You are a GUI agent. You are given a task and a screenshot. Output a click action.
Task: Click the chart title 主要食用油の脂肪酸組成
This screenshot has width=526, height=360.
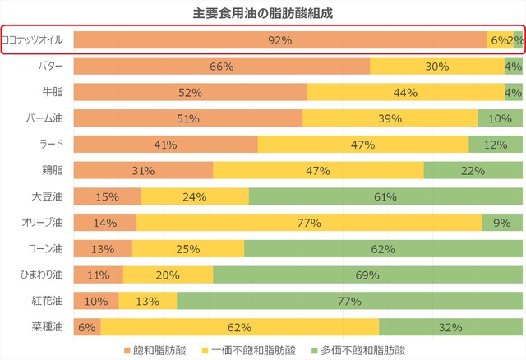263,13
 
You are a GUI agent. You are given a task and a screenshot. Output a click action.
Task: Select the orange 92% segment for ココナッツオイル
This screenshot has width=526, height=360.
279,39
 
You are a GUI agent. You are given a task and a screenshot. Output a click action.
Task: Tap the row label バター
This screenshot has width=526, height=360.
53,66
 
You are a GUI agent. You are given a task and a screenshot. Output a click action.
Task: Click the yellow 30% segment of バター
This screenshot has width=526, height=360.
436,66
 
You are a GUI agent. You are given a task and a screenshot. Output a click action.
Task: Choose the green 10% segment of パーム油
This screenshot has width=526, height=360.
500,118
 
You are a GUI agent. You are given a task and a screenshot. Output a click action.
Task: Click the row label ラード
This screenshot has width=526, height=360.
53,145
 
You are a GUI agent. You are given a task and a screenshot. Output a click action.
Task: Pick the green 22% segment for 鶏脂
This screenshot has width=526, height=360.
473,171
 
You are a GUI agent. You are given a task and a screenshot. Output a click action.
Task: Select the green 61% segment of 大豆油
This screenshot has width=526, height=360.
385,197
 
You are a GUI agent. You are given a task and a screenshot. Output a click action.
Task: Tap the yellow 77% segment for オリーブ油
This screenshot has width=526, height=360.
309,224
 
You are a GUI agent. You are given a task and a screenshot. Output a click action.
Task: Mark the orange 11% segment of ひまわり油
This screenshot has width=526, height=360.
98,275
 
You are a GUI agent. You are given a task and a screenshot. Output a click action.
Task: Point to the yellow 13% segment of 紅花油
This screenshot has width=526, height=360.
147,302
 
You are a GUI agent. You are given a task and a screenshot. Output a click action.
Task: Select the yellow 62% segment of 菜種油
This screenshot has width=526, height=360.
239,328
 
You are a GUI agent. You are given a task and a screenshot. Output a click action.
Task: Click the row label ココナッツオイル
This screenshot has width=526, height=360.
36,39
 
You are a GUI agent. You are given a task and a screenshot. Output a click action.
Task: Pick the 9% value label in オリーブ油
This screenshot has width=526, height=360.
501,224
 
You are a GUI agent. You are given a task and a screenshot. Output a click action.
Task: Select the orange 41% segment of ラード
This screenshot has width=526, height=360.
165,145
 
